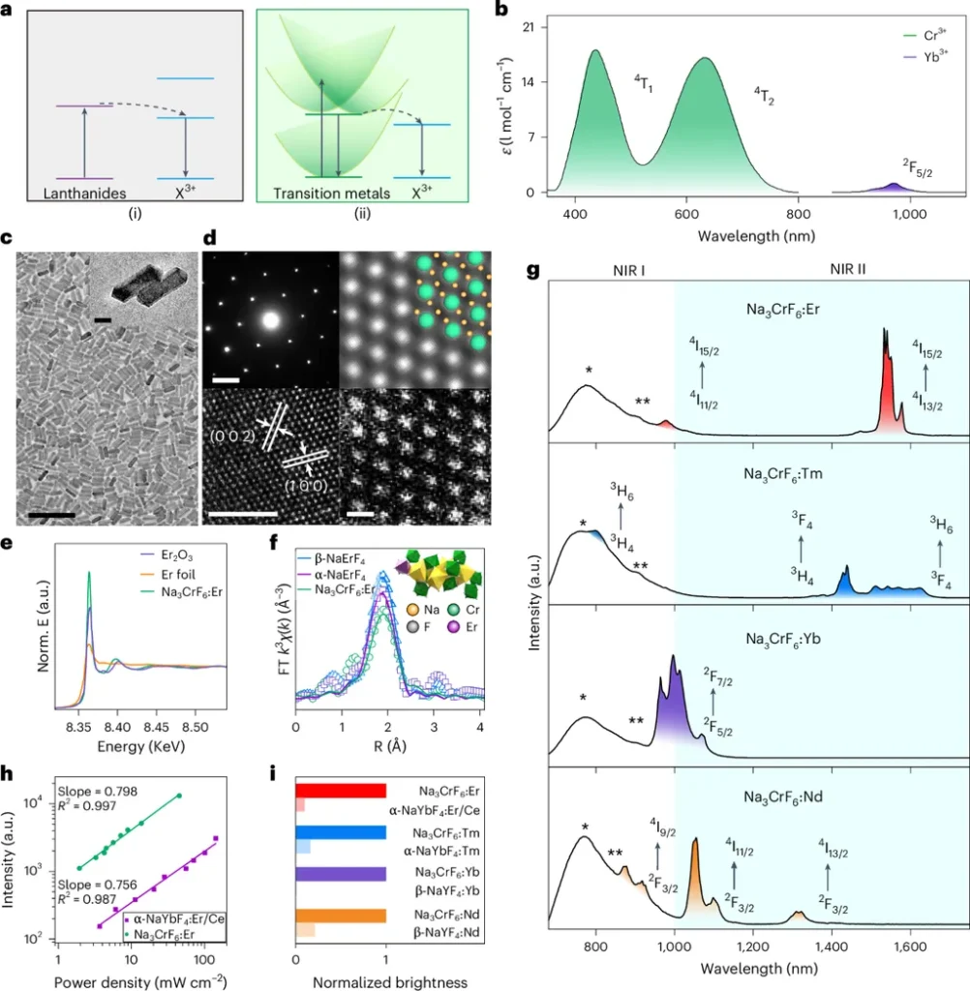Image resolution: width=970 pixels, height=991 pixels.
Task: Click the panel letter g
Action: tap(532, 272)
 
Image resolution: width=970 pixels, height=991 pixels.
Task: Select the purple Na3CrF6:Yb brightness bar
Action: tap(341, 874)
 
